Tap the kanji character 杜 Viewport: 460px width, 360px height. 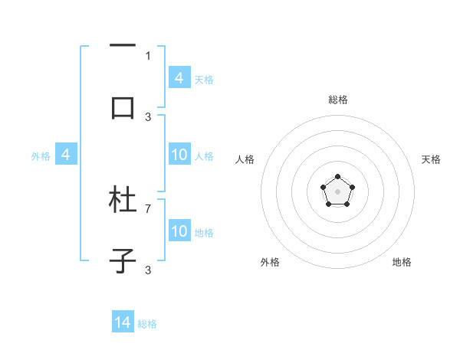pos(123,201)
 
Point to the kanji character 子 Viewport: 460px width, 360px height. pos(123,261)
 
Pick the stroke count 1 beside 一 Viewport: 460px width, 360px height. pos(148,55)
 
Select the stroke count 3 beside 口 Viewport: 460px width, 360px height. pos(148,116)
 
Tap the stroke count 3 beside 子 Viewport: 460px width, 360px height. pos(148,270)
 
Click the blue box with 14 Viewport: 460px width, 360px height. pos(123,322)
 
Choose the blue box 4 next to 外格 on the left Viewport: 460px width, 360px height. pos(65,155)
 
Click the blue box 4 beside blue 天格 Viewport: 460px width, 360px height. pos(179,78)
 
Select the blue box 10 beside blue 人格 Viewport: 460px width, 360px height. pos(179,155)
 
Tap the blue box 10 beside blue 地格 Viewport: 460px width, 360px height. pos(179,231)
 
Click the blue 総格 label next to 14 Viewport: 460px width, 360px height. pos(147,324)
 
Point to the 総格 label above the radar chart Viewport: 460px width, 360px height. pos(337,100)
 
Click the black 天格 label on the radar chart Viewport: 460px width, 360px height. pos(431,159)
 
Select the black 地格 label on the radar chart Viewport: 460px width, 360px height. pos(402,262)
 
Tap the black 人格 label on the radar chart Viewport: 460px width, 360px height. pos(245,159)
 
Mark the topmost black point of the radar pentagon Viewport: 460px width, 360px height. pos(337,177)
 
